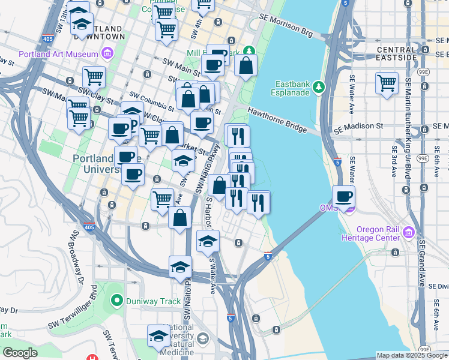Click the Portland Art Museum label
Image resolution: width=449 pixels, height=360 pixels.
(x=58, y=53)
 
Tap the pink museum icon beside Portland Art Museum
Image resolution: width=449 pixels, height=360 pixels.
(x=107, y=53)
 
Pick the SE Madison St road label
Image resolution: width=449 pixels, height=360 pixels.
(x=358, y=127)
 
